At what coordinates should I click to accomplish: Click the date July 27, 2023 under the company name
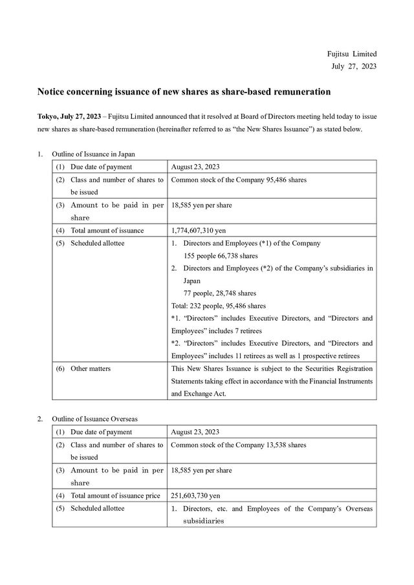pos(353,66)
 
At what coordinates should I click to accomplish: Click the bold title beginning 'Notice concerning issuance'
pos(184,92)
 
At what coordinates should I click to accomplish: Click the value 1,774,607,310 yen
pos(203,230)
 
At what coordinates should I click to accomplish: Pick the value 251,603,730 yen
pos(196,496)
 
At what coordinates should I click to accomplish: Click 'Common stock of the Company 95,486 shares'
pos(239,179)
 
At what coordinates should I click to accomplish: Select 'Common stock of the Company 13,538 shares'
pos(239,445)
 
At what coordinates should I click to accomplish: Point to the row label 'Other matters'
pos(90,368)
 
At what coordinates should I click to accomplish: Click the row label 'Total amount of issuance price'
pos(115,496)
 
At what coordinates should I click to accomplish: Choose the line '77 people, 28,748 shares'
pos(220,293)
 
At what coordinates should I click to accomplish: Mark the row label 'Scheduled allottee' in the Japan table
pos(97,243)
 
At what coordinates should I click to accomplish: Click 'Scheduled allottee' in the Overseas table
pos(97,508)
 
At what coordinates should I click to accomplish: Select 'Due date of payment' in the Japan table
pos(101,167)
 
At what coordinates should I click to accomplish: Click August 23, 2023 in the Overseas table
pos(195,432)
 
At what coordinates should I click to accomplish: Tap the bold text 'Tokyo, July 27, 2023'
pos(69,116)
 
